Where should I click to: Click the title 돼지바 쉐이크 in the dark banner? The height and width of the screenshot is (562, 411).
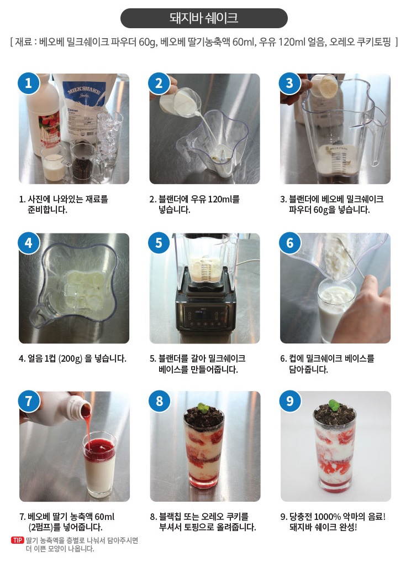[204, 18]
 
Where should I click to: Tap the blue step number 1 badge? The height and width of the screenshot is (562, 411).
[28, 83]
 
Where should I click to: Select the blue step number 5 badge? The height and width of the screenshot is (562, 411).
[159, 243]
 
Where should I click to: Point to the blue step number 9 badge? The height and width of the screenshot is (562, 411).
[290, 400]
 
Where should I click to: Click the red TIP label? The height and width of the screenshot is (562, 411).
[18, 540]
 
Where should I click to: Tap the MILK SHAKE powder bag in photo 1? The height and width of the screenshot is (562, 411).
[86, 107]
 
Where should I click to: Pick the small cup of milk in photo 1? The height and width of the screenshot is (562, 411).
[54, 166]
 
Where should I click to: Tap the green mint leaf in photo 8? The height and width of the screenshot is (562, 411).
[203, 408]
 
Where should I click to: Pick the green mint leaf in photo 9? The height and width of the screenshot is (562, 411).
[334, 405]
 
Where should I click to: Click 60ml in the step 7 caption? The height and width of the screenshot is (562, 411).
[104, 517]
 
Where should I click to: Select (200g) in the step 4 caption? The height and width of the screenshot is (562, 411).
[70, 358]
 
